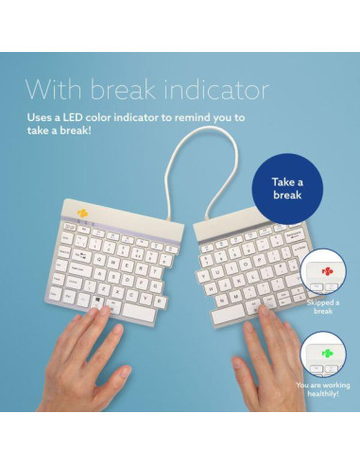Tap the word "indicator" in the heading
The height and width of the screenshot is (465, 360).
coord(220,90)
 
